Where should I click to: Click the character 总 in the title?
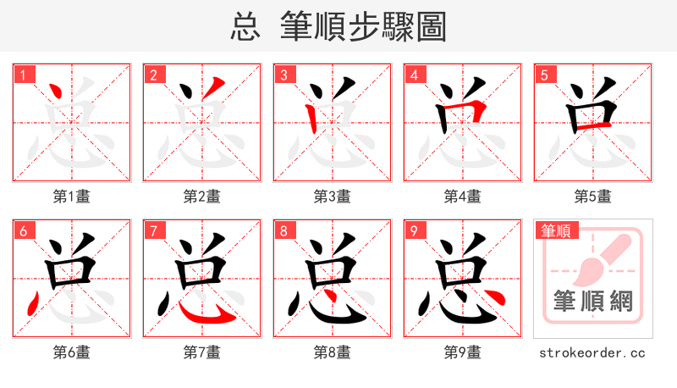(245, 27)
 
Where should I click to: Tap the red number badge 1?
(23, 75)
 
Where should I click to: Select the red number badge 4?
(414, 75)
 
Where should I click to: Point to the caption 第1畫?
(72, 197)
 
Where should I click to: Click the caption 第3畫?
(333, 197)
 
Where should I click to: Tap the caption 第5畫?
(593, 197)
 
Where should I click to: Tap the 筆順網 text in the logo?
(593, 302)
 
